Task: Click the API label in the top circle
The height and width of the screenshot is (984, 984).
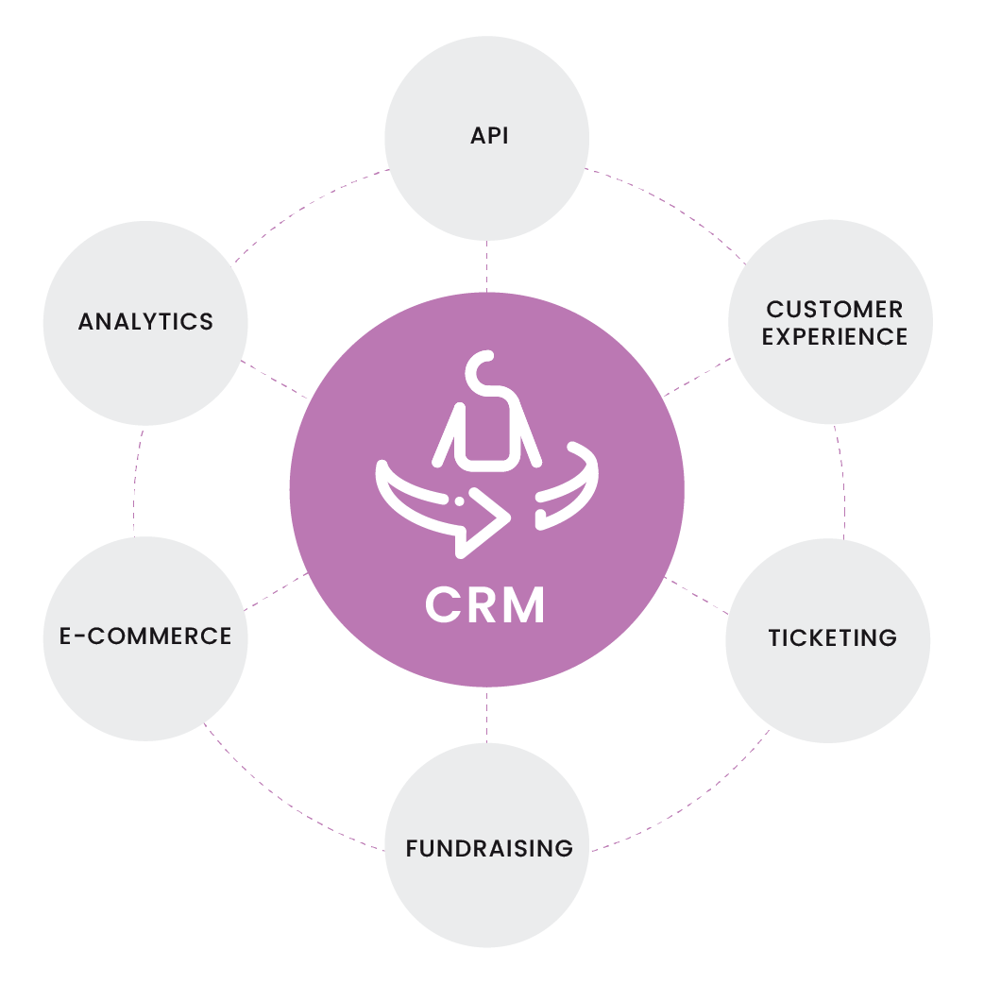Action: click(489, 136)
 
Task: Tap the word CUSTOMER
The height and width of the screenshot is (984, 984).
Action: click(835, 310)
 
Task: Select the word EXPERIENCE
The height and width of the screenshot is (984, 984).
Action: click(835, 337)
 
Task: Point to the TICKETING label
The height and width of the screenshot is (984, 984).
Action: click(833, 637)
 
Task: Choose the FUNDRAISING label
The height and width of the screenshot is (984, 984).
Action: click(489, 848)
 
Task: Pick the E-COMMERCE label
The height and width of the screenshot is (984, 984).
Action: click(145, 636)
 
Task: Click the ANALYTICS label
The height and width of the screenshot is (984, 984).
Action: click(145, 322)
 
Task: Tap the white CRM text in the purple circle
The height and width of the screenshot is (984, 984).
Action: click(484, 605)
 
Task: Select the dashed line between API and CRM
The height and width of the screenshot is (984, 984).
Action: click(487, 266)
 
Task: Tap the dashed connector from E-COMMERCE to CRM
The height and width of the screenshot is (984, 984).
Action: click(276, 591)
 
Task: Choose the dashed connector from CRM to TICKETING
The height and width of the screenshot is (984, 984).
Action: click(696, 596)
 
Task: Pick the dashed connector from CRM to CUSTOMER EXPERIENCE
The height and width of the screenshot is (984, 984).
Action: click(697, 377)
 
